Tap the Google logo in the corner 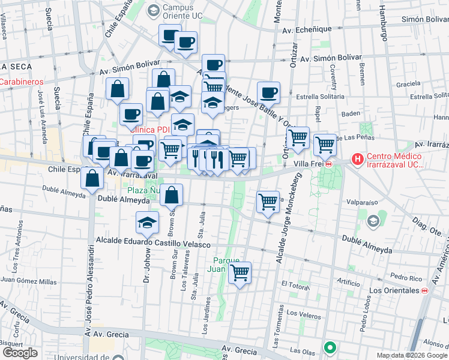coord(20,353)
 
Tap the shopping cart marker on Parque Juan coord(240,273)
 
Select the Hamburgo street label coord(382,25)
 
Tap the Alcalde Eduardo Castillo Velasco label coord(152,244)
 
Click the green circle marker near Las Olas coord(330,347)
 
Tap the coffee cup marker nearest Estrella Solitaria coord(269,92)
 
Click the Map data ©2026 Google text coord(411,355)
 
